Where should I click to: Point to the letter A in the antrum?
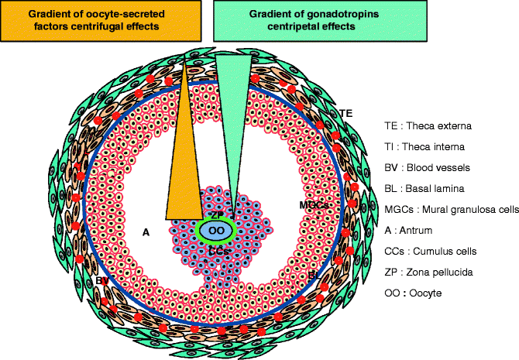tap(146, 230)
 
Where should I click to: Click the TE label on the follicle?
tap(345, 113)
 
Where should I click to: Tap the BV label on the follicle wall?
tap(102, 279)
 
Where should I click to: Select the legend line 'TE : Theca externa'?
tap(429, 125)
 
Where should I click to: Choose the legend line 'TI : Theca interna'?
tap(426, 146)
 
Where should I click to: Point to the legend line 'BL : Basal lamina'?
tap(426, 188)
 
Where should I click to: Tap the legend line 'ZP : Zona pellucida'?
tap(431, 272)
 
